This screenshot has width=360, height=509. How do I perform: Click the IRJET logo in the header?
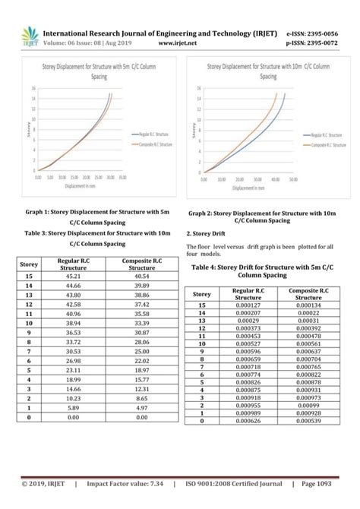point(29,36)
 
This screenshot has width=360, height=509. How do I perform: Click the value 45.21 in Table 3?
point(73,277)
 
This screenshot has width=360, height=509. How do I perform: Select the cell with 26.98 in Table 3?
point(73,361)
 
